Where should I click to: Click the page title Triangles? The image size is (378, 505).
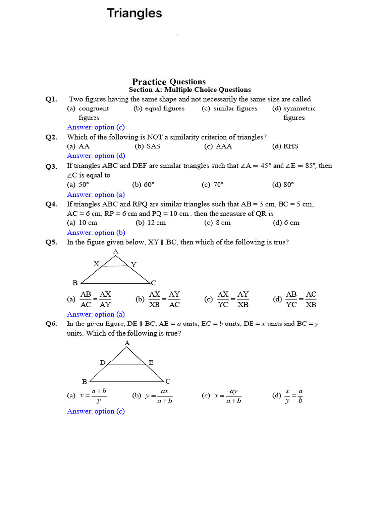coord(134,14)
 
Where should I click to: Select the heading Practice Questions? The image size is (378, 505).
coord(169,82)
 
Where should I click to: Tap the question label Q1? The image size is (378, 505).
coord(51,99)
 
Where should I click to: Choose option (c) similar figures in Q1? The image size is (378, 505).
coord(229,108)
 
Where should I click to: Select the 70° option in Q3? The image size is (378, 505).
coord(213,185)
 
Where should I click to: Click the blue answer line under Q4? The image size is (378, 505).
coord(96,233)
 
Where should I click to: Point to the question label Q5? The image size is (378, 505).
coord(51,242)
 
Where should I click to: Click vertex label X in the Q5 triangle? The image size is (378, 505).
coord(96,264)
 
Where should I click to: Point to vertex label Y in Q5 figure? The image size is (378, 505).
coord(134,265)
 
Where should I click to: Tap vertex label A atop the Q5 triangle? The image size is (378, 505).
coord(116,252)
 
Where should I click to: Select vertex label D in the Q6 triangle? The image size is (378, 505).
coord(103,362)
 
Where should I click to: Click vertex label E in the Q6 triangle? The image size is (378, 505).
coord(151,362)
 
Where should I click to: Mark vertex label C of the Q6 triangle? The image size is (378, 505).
coord(168,381)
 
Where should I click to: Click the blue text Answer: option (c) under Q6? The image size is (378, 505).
coord(96,411)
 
